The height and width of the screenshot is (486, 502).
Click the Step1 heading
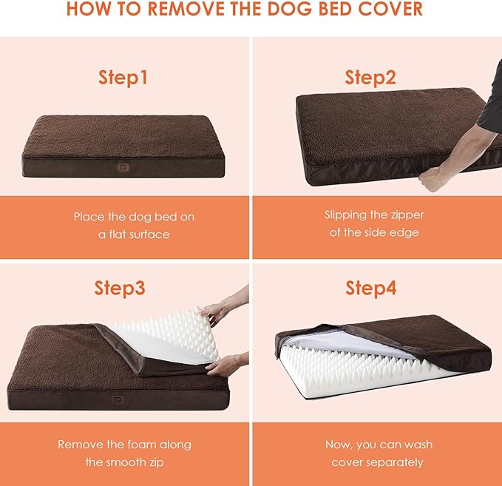pos(123,77)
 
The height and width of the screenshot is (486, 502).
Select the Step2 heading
pos(370,77)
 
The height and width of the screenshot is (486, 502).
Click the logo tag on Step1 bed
pos(122,158)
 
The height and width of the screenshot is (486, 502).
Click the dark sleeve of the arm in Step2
pos(491,111)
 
